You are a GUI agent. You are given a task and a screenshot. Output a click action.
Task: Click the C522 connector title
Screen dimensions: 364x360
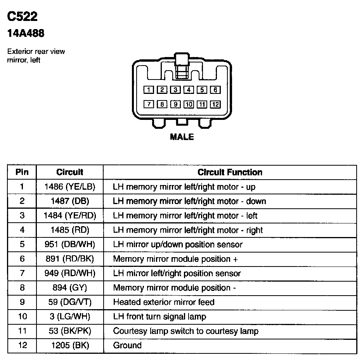(x=23, y=16)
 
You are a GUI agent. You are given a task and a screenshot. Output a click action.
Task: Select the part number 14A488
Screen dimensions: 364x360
(x=26, y=34)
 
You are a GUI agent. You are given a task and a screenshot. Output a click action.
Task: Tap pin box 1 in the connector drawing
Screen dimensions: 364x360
(x=149, y=90)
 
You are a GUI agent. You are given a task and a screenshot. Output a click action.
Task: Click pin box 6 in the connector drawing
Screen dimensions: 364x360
(x=215, y=90)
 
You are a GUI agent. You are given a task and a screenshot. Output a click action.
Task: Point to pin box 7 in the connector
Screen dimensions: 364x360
(x=149, y=104)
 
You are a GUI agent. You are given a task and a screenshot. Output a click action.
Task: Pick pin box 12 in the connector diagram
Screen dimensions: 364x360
(x=215, y=104)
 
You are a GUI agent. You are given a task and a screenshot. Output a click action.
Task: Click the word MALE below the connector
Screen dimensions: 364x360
(x=182, y=137)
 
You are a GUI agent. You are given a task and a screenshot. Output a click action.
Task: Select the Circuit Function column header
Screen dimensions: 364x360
(x=230, y=172)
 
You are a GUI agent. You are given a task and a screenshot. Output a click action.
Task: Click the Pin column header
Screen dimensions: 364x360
(x=22, y=172)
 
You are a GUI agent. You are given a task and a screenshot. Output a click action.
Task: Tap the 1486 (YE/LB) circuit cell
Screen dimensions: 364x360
(x=70, y=187)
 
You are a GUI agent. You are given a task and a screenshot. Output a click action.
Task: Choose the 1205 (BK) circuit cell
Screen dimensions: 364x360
(x=70, y=345)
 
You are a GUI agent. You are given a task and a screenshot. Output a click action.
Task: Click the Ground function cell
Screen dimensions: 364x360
(x=127, y=345)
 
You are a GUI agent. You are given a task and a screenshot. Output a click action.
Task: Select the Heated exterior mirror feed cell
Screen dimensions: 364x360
(x=163, y=302)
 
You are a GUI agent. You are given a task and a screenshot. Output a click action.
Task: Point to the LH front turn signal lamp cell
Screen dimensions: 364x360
(x=159, y=317)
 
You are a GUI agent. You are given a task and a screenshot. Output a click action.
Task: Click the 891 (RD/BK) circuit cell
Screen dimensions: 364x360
(x=70, y=259)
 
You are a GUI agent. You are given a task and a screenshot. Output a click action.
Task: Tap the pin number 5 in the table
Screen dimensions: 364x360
(x=22, y=244)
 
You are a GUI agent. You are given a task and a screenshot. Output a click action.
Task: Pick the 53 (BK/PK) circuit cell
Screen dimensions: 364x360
(x=70, y=331)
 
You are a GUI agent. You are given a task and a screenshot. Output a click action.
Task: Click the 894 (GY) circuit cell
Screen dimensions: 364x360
(x=70, y=288)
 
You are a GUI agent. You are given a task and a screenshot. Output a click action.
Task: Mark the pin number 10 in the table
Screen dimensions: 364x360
(x=22, y=317)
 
